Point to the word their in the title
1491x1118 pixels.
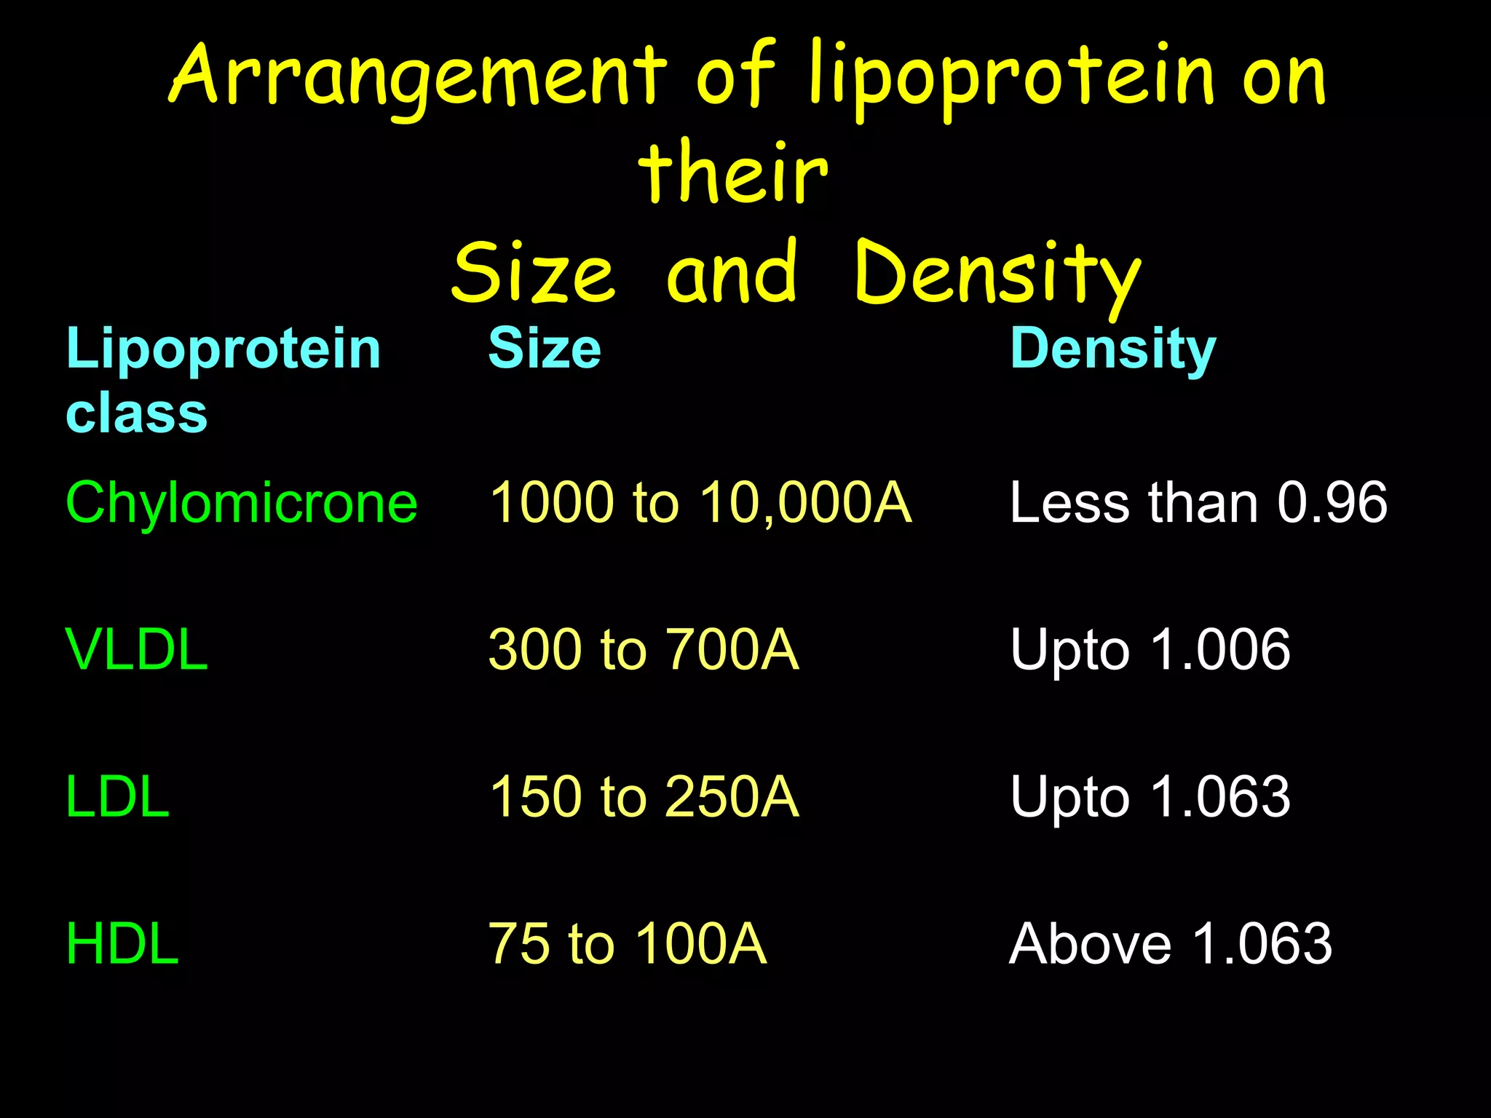click(x=733, y=173)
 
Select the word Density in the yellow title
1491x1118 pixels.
click(x=997, y=273)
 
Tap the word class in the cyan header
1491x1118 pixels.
click(x=137, y=412)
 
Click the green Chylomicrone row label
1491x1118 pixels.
click(x=242, y=502)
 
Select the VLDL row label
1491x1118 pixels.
click(x=137, y=649)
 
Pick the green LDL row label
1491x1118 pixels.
click(x=118, y=796)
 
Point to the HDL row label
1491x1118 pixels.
click(x=122, y=943)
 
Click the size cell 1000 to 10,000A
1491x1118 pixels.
click(x=700, y=502)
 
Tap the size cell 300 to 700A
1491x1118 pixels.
click(x=644, y=649)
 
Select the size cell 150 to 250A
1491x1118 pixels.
click(x=644, y=796)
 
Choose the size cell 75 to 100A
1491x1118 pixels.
click(x=628, y=943)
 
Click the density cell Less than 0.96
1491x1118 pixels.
click(x=1198, y=502)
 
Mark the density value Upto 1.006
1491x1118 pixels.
click(x=1150, y=649)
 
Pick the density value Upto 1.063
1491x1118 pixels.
click(x=1150, y=796)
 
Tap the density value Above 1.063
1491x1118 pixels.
click(x=1171, y=943)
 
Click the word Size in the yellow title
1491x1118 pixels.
click(x=534, y=273)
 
